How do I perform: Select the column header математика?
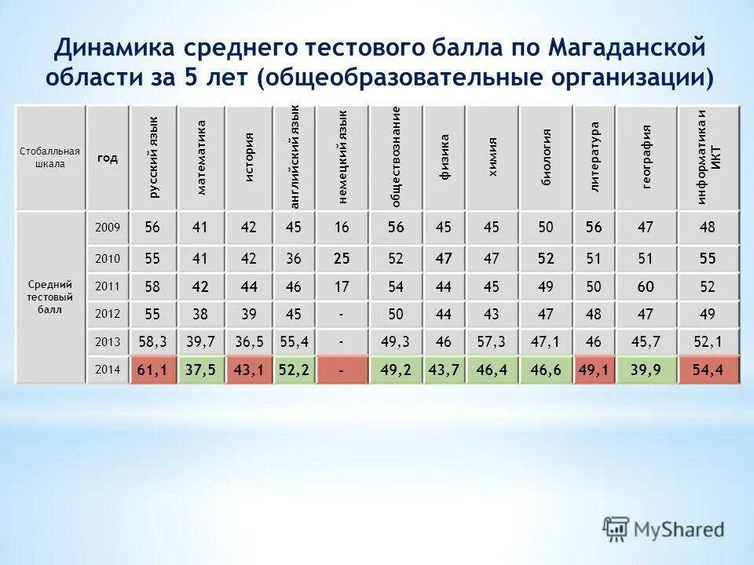[201, 157]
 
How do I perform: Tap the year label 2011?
[107, 286]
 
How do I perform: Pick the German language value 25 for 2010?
[342, 258]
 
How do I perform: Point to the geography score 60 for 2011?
[646, 286]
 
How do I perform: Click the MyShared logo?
[664, 528]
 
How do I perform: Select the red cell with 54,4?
[708, 370]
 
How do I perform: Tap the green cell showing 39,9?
[646, 370]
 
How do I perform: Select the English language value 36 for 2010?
[294, 258]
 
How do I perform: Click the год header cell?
[108, 158]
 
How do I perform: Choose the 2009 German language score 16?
[342, 228]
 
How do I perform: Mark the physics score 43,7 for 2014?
[444, 370]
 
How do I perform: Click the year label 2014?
[107, 370]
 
